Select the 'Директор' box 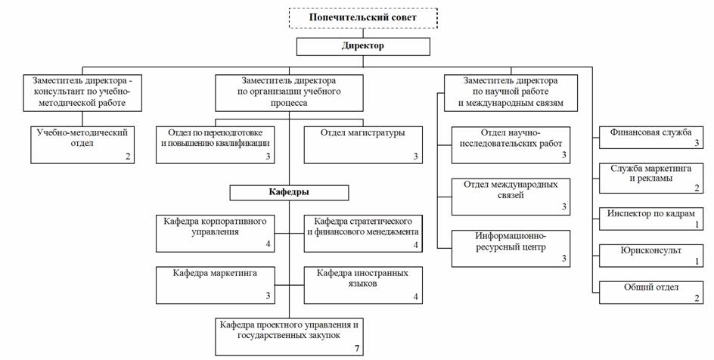(x=363, y=46)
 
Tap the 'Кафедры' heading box (x=289, y=192)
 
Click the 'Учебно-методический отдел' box (x=82, y=144)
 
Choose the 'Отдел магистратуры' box (x=362, y=144)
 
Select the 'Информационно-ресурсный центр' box (x=511, y=247)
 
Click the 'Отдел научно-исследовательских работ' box (x=511, y=144)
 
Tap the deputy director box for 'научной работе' (x=511, y=92)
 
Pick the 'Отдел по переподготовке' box (x=215, y=144)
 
